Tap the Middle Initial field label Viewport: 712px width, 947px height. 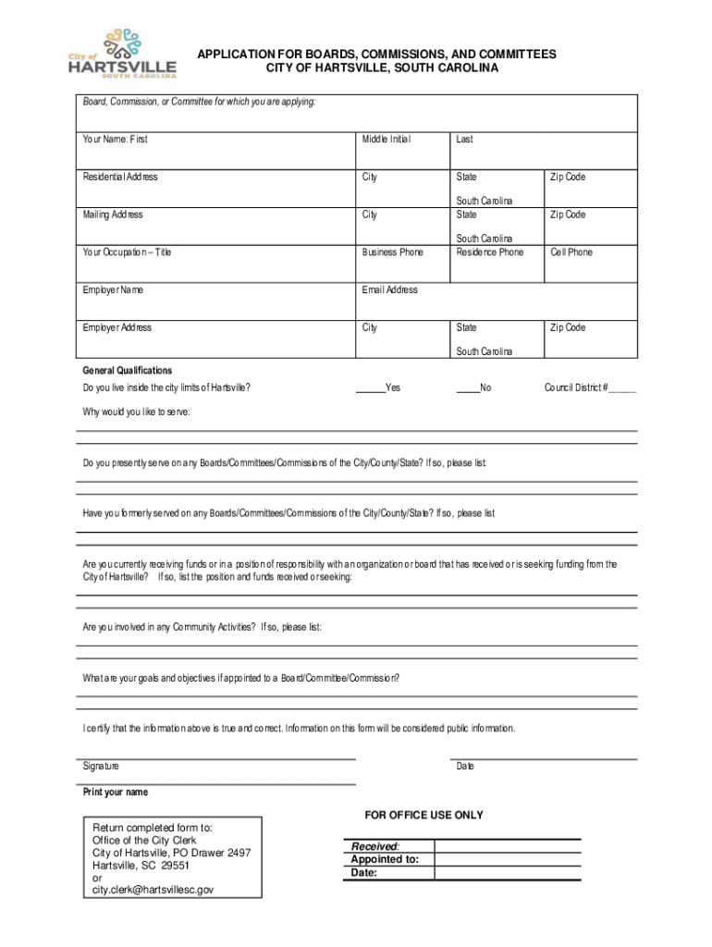(386, 139)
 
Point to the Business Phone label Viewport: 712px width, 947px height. (392, 252)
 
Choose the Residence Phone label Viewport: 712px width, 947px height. (489, 252)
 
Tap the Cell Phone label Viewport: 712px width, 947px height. (571, 252)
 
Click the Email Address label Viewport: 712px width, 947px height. (389, 289)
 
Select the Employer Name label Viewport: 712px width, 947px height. (113, 289)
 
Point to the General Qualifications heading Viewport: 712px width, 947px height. (127, 370)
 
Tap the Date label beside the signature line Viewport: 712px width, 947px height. (465, 767)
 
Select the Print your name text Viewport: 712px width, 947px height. (115, 793)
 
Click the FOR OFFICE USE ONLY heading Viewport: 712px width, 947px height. (424, 815)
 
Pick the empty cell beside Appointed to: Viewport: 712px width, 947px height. (507, 858)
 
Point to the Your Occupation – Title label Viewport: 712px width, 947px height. (127, 252)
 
